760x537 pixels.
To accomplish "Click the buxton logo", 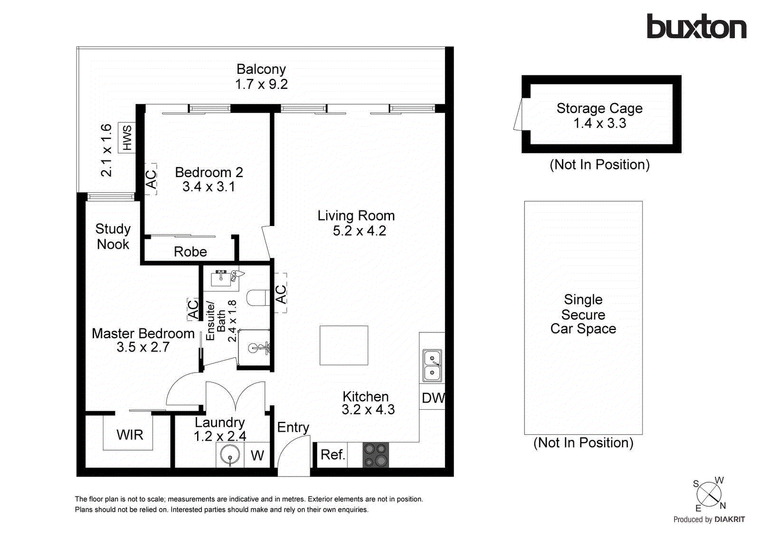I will pos(696,27).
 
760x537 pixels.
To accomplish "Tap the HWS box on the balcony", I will pos(127,138).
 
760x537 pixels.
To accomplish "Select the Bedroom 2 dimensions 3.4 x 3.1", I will pos(209,187).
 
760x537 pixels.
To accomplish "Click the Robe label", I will pos(190,252).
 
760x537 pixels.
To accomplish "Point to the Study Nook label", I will pos(113,236).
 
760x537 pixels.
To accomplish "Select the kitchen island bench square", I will pos(344,345).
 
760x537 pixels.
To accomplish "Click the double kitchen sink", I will pos(432,365).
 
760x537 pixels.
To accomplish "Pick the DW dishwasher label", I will pos(433,398).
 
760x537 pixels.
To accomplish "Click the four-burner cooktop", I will pos(375,455).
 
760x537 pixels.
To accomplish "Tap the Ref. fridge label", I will pos(332,455).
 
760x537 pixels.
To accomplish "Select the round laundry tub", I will pos(230,455).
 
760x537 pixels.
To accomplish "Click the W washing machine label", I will pos(257,456).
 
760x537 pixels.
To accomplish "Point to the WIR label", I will pos(130,435).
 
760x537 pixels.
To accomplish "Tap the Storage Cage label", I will pos(599,109).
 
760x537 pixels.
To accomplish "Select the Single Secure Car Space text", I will pos(583,314).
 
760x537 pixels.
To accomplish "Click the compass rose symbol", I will pos(709,494).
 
